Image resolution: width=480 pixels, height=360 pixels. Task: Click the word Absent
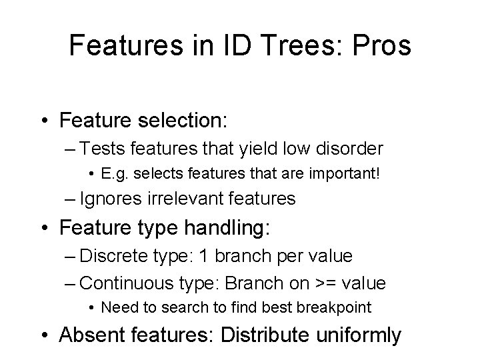93,335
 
